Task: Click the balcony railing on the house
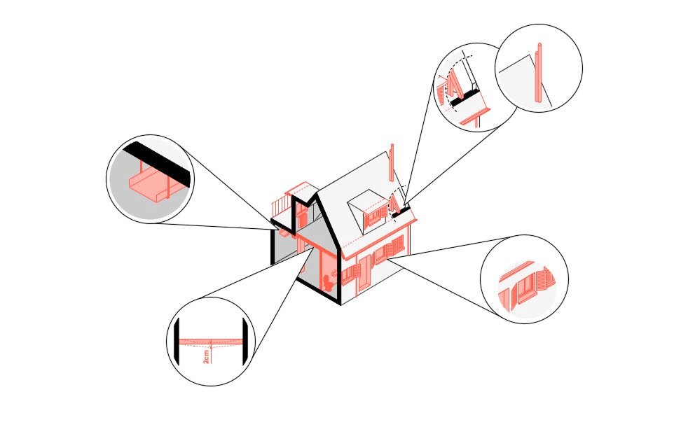click(x=280, y=206)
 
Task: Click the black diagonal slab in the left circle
click(x=157, y=164)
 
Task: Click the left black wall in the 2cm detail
click(x=177, y=341)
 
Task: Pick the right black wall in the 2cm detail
click(x=245, y=341)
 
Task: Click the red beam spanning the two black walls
click(x=211, y=342)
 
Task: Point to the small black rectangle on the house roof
click(x=401, y=212)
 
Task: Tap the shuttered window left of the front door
click(x=350, y=274)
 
